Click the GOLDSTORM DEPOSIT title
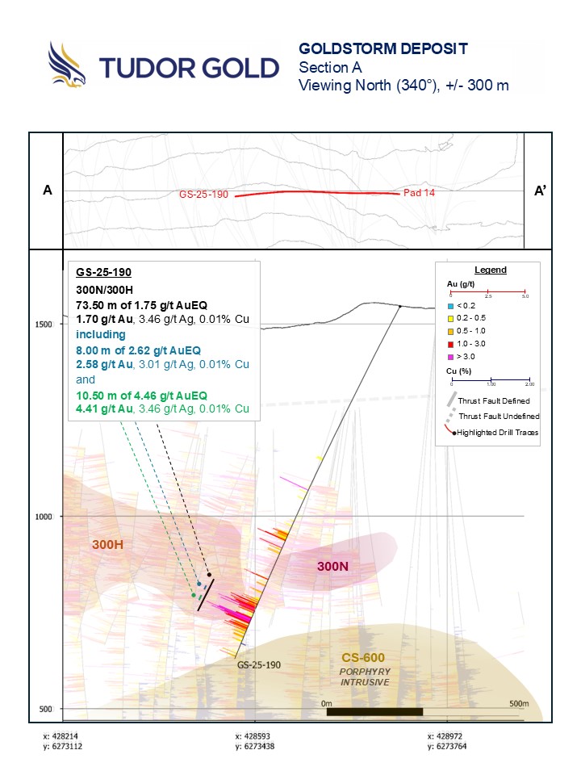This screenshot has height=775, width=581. [382, 48]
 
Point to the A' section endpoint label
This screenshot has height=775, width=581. [541, 191]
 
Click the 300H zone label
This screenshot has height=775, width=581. [108, 545]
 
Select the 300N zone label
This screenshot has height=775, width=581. [332, 567]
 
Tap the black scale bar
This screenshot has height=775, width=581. [374, 712]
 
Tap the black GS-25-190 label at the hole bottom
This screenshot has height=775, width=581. [258, 665]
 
